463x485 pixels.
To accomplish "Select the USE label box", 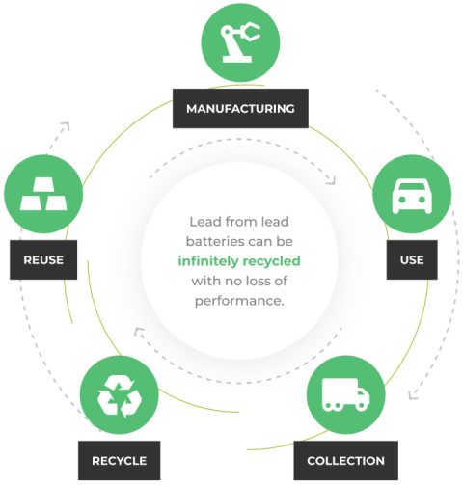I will pyautogui.click(x=412, y=259).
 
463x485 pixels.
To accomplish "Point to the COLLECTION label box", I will pyautogui.click(x=345, y=460).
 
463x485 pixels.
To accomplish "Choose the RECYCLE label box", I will pyautogui.click(x=119, y=460).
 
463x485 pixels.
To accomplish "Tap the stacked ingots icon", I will pyautogui.click(x=42, y=197).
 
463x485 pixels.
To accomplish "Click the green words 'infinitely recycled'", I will pyautogui.click(x=239, y=260).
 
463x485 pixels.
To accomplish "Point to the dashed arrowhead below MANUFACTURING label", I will pyautogui.click(x=330, y=179).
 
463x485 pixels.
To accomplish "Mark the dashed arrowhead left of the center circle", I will pyautogui.click(x=138, y=334).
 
